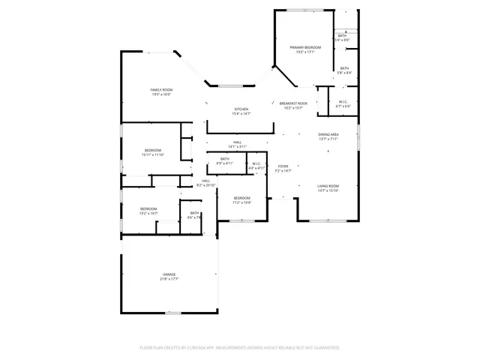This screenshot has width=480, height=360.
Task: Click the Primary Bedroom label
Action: (304, 47)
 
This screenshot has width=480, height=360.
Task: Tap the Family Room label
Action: (162, 90)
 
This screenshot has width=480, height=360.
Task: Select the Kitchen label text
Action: (241, 109)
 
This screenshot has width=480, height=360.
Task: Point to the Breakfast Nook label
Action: (293, 103)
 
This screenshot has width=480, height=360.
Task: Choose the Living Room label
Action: (328, 186)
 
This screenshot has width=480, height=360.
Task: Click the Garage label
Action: (169, 274)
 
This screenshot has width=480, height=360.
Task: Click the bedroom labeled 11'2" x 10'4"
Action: (241, 198)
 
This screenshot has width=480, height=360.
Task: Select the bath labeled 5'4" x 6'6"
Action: (342, 36)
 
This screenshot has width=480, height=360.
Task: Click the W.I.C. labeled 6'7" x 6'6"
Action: (342, 102)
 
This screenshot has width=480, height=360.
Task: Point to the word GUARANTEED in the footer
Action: (324, 348)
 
